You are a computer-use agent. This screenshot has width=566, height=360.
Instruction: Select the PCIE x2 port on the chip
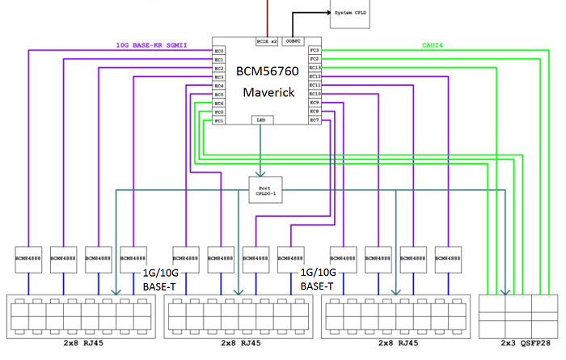(x=267, y=41)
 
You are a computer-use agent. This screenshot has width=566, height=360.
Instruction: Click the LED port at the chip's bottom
(x=260, y=120)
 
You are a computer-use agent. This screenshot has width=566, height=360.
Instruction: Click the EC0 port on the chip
(x=219, y=51)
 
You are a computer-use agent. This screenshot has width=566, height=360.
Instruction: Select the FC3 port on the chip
(x=315, y=51)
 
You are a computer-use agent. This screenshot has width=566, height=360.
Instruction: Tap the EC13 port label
(x=315, y=68)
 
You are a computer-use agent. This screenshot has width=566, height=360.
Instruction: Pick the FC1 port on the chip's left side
(x=219, y=121)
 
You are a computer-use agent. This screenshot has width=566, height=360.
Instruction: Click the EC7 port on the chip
(x=315, y=121)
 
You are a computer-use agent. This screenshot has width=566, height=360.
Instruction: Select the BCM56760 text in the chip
(x=268, y=72)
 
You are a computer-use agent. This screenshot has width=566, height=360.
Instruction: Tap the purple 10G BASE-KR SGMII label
(x=153, y=46)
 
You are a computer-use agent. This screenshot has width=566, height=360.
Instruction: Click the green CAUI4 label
(x=433, y=46)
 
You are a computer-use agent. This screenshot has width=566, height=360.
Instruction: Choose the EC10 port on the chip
(x=315, y=94)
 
